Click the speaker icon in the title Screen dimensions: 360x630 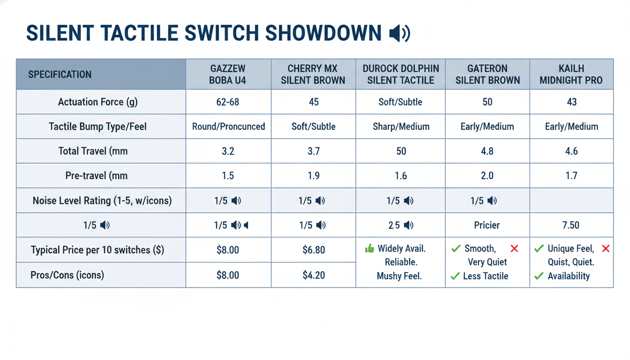(x=399, y=33)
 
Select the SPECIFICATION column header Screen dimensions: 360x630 (x=60, y=75)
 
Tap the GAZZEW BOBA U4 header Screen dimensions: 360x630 (x=228, y=75)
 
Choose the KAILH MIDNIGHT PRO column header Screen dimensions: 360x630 (x=571, y=75)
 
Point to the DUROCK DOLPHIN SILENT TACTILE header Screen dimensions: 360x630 (x=401, y=75)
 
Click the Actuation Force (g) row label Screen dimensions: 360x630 (x=98, y=102)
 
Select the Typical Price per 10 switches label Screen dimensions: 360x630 (x=97, y=250)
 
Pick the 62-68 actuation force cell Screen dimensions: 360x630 (x=228, y=102)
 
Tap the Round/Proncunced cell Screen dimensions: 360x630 (x=228, y=127)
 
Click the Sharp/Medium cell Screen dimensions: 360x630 (x=401, y=127)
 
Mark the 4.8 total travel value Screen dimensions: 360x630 (x=487, y=151)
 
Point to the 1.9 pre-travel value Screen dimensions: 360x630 (x=314, y=176)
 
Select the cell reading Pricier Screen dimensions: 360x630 (x=487, y=225)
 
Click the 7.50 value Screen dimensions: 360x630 (x=570, y=225)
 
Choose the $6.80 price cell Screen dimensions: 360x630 (x=314, y=250)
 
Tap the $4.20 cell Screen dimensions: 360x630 (x=314, y=275)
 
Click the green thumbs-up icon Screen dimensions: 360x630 (x=370, y=248)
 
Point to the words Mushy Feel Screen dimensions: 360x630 (x=399, y=276)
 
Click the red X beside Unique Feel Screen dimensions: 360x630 (x=606, y=248)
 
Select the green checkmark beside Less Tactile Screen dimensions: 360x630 (x=455, y=276)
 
